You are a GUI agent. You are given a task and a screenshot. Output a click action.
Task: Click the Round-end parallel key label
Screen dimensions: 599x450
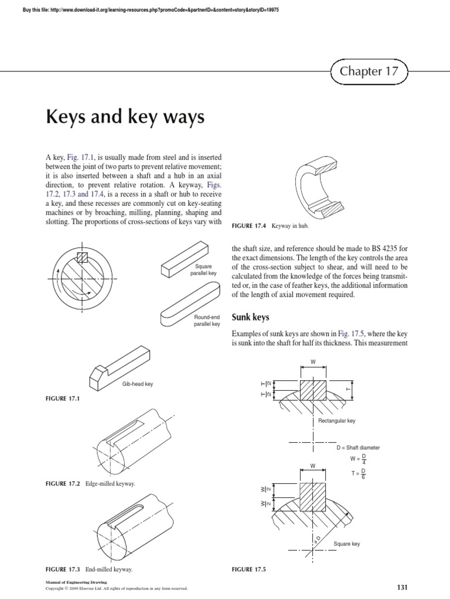tap(206, 320)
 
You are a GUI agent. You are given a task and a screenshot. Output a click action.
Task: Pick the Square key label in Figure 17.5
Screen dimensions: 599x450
tap(346, 544)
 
